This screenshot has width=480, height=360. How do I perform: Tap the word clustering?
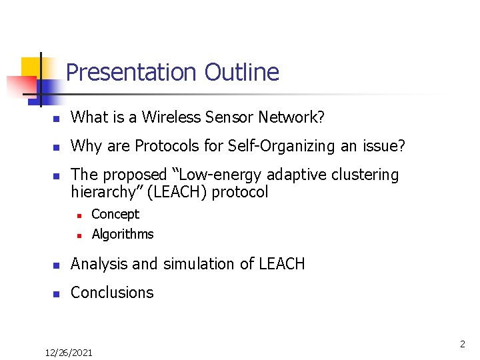365,175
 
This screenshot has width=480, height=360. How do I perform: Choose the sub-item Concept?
115,214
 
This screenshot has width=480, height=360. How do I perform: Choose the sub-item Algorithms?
123,234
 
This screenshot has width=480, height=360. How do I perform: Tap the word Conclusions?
112,292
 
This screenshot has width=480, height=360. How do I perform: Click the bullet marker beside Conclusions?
57,293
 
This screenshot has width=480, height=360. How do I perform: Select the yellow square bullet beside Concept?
79,215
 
